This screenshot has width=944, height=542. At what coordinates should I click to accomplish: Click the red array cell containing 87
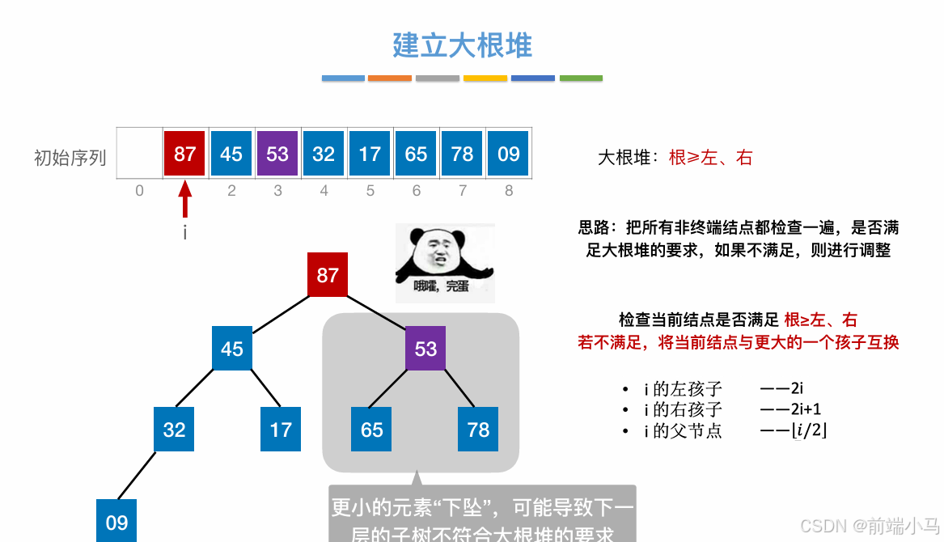(x=185, y=154)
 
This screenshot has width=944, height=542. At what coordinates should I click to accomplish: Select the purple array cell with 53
(x=277, y=154)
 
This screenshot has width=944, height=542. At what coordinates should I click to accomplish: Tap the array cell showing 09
(x=508, y=154)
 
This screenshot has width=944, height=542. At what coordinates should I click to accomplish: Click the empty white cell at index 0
(x=139, y=154)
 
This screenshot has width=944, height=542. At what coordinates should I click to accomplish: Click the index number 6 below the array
(x=416, y=191)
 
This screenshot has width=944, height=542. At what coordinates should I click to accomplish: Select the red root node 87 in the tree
(x=328, y=275)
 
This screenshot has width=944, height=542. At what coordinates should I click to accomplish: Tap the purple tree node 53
(x=425, y=349)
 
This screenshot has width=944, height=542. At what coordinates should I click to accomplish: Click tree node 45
(x=232, y=349)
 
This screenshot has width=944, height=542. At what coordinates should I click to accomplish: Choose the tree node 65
(x=371, y=430)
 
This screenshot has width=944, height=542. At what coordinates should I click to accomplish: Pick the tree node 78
(x=478, y=430)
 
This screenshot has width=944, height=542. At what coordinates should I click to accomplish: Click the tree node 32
(x=174, y=430)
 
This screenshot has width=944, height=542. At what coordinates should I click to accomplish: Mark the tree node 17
(x=281, y=430)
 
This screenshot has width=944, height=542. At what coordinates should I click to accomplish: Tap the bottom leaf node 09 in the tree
(x=116, y=522)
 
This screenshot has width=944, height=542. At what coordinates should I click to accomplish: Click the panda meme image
(x=444, y=263)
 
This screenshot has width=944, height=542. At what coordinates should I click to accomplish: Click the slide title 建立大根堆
(x=462, y=45)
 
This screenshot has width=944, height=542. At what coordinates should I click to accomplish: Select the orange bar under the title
(x=390, y=78)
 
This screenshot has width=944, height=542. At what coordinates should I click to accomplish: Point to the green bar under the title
(x=581, y=78)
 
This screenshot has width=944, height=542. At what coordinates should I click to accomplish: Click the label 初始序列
(x=70, y=157)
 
